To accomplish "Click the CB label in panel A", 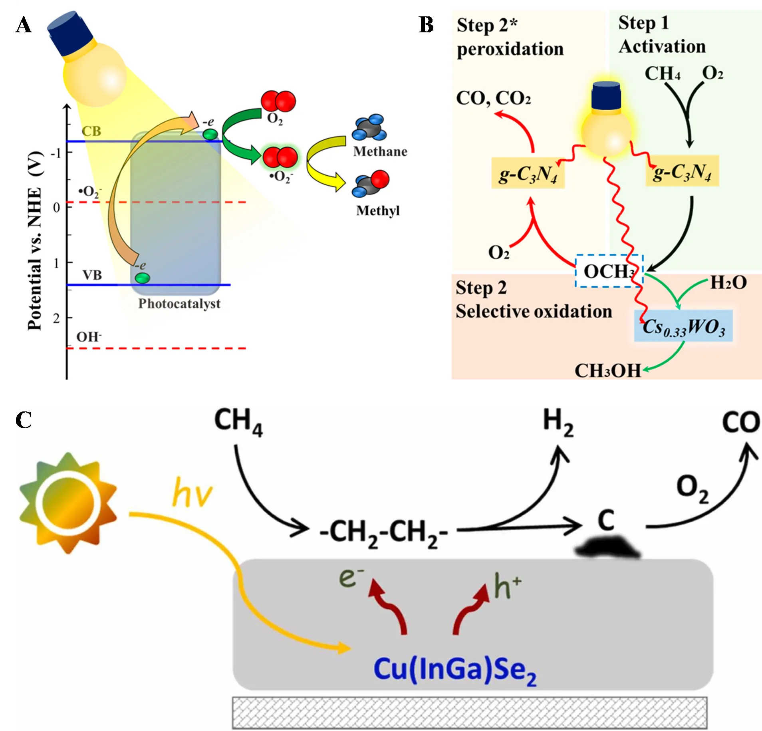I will pyautogui.click(x=91, y=131).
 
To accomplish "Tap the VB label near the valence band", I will pyautogui.click(x=92, y=275).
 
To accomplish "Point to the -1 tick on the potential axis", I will pyautogui.click(x=57, y=153).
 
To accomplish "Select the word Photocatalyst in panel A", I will pyautogui.click(x=179, y=304).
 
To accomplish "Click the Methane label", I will pyautogui.click(x=380, y=151).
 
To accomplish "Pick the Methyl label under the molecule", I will pyautogui.click(x=378, y=211).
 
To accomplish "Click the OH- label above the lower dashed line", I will pyautogui.click(x=89, y=337).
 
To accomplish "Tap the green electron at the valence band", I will pyautogui.click(x=143, y=278).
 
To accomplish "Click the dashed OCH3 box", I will pyautogui.click(x=609, y=271).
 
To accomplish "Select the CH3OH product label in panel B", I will pyautogui.click(x=607, y=371).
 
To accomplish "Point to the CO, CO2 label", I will pyautogui.click(x=494, y=98).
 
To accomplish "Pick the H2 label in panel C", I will pyautogui.click(x=558, y=424).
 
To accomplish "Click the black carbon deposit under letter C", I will pyautogui.click(x=607, y=547).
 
